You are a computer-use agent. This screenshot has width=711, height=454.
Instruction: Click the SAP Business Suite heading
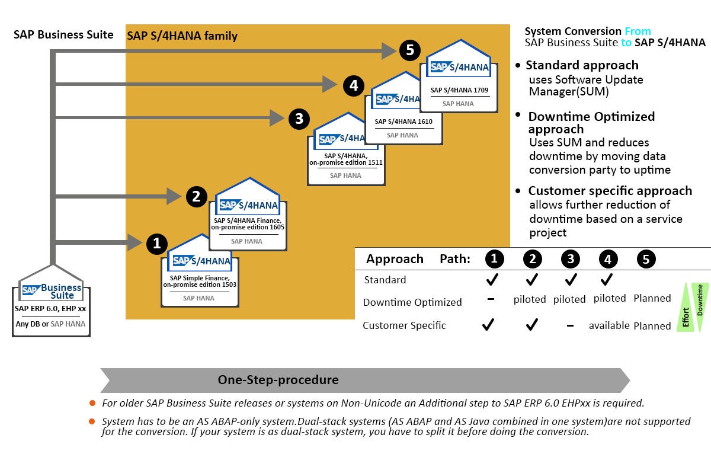tap(63, 34)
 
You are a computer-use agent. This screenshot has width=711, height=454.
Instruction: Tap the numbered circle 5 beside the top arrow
tap(409, 50)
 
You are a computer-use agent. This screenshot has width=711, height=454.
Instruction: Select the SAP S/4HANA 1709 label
tap(458, 90)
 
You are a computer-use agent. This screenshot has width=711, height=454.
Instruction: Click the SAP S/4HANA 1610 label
tap(403, 122)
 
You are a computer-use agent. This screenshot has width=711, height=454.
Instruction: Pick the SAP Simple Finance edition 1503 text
tap(200, 281)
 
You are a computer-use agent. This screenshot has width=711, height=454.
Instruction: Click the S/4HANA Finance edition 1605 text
tap(248, 223)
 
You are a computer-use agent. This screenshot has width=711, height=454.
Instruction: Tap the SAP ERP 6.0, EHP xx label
tap(51, 308)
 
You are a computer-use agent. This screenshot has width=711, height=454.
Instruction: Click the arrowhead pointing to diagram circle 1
tap(134, 242)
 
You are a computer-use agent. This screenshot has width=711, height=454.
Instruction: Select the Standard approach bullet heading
tap(582, 65)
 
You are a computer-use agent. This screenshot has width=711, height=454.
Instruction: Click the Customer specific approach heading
tap(610, 191)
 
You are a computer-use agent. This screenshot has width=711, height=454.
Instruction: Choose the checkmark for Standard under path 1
tap(492, 279)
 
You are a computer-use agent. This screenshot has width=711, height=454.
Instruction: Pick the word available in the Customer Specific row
tap(608, 325)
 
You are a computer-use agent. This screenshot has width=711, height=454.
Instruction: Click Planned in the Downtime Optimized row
tap(652, 298)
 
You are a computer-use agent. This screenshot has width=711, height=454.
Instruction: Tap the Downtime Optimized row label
tap(412, 302)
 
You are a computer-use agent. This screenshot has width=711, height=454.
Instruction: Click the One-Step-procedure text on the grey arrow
tap(278, 380)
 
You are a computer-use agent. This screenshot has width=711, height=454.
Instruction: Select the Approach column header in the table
tap(395, 259)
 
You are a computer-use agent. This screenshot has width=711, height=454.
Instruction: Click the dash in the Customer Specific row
tap(569, 325)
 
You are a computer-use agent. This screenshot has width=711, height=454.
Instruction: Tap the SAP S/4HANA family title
tap(182, 36)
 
